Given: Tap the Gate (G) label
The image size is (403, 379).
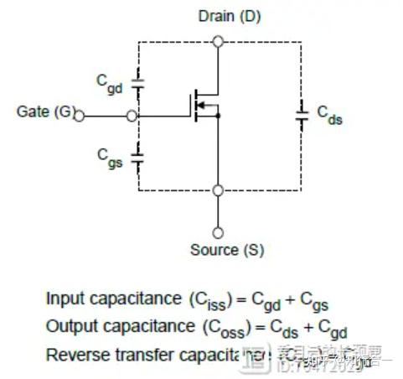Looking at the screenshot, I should coord(45,112).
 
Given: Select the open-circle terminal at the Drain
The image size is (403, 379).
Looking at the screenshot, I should coord(218,40).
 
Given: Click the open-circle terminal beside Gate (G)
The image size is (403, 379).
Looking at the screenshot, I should coord(80,117).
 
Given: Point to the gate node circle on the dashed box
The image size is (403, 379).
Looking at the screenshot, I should coord(133,117).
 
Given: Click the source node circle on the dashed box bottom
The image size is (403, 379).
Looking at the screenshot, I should coord(218,190).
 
